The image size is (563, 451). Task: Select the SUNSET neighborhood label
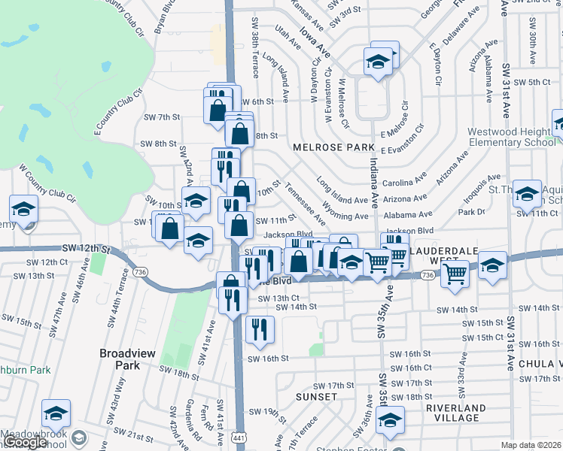click(x=317, y=396)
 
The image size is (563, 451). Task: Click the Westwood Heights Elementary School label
click(x=510, y=137)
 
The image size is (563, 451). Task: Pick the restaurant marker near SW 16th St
click(x=260, y=328)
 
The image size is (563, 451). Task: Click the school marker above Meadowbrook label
click(x=56, y=413)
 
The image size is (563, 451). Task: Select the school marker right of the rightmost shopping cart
click(x=492, y=266)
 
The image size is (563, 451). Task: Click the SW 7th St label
click(x=162, y=117)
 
